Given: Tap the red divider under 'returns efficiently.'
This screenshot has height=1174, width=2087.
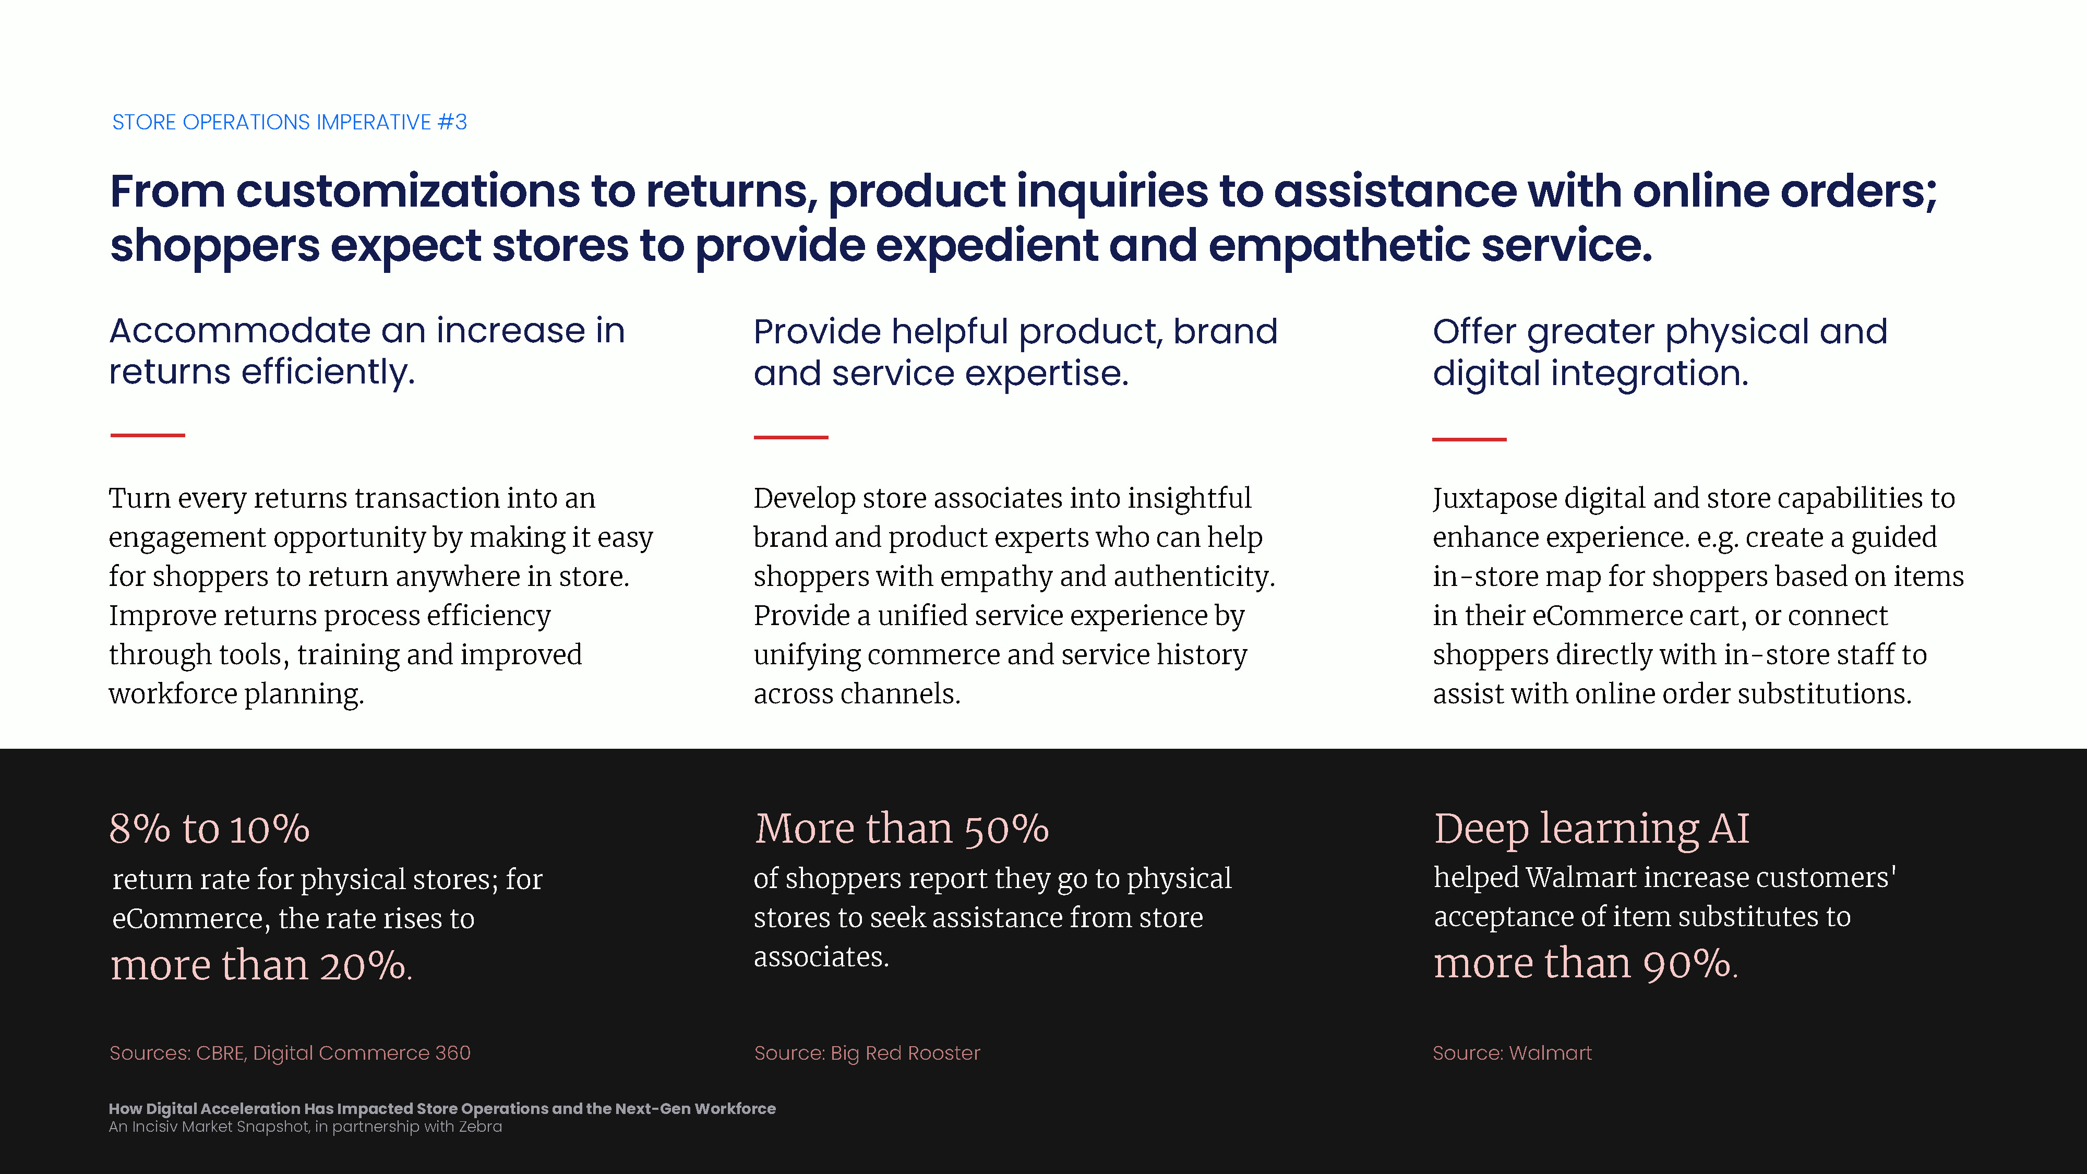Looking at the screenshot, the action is pos(148,435).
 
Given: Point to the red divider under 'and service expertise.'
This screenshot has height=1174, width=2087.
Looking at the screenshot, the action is pos(791,437).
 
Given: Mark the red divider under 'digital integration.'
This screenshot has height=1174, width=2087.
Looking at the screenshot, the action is pos(1469,439).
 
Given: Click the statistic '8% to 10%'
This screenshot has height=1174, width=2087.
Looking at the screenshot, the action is pos(210,829).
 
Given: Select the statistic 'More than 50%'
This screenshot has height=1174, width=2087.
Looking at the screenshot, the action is pos(902,829).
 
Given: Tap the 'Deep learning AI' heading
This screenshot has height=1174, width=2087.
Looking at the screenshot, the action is pos(1591,830).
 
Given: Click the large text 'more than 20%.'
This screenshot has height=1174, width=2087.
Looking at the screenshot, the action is pos(261,965).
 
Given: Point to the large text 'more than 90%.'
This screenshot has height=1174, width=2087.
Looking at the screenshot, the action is pos(1586,963).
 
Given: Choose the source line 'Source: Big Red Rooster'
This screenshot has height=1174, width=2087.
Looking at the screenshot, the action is pos(867,1053).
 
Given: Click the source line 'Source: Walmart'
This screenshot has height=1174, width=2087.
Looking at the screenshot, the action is pos(1512,1053).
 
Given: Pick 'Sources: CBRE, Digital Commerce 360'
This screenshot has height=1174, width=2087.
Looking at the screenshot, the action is pos(290,1053).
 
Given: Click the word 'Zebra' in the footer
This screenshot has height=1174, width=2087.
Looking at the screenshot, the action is pos(481,1127).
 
